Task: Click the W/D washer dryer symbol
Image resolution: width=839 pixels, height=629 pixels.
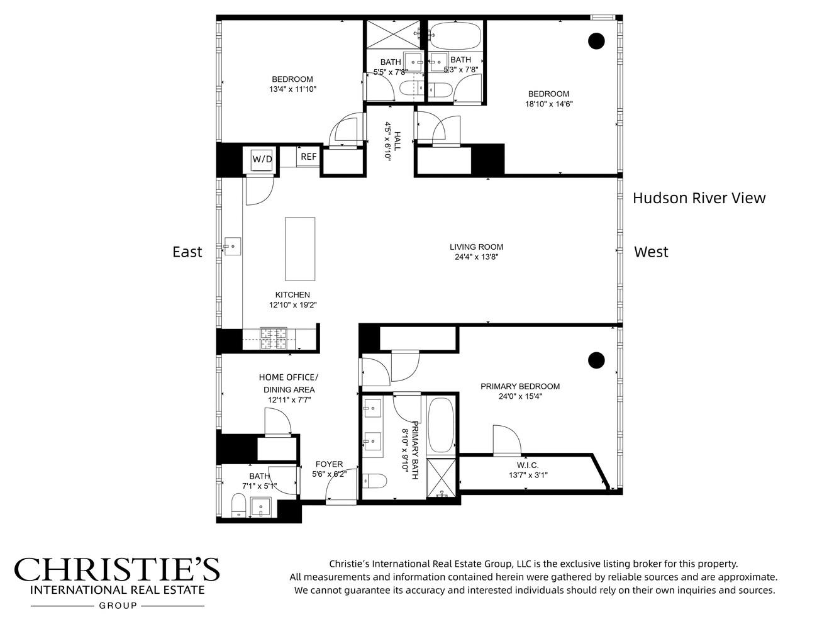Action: pyautogui.click(x=262, y=159)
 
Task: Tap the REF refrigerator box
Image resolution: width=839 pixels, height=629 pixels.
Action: pyautogui.click(x=308, y=157)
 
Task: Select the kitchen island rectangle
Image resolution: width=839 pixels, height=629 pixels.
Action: pyautogui.click(x=300, y=249)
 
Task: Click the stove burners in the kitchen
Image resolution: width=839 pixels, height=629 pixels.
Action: pyautogui.click(x=274, y=338)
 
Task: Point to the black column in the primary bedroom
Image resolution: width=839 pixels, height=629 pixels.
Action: pyautogui.click(x=596, y=360)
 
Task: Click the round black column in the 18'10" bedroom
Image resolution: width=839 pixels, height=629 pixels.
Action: pyautogui.click(x=596, y=41)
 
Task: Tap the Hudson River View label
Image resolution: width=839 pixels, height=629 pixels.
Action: pyautogui.click(x=699, y=198)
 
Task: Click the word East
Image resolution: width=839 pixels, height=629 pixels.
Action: pyautogui.click(x=187, y=252)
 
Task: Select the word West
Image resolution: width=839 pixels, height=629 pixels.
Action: pyautogui.click(x=651, y=252)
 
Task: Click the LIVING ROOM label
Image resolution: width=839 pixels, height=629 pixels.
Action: pyautogui.click(x=476, y=247)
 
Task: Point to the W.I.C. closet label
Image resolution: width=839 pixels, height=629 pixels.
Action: pyautogui.click(x=528, y=465)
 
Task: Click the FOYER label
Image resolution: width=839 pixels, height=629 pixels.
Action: pyautogui.click(x=329, y=464)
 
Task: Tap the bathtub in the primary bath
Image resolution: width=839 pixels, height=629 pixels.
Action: pyautogui.click(x=441, y=425)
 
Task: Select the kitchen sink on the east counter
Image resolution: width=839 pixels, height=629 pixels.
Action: pyautogui.click(x=232, y=246)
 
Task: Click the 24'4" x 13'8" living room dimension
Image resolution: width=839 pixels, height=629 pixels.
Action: pyautogui.click(x=476, y=257)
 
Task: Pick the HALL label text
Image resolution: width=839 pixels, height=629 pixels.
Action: pyautogui.click(x=397, y=141)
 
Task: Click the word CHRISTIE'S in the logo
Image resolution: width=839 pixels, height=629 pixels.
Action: pyautogui.click(x=117, y=569)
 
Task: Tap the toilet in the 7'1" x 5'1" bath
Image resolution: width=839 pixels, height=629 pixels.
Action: pyautogui.click(x=238, y=505)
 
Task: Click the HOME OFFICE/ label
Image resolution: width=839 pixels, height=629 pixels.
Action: pyautogui.click(x=288, y=377)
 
